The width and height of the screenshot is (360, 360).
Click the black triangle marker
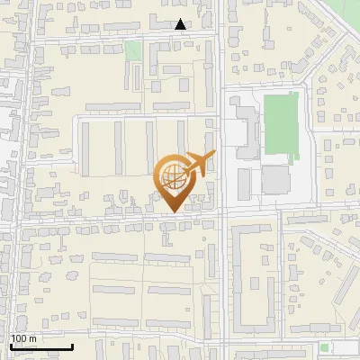pos(181,24)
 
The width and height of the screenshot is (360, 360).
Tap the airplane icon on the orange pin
pos(198,164)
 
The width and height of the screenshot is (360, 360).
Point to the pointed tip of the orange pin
pos(173,212)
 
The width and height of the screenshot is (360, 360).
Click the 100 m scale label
pos(23,338)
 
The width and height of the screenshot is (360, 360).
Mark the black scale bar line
pos(41,346)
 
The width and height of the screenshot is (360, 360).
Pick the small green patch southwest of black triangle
pos(133,51)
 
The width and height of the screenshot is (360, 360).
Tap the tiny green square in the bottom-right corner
pos(324,347)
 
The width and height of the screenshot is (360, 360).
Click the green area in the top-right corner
pos(346,13)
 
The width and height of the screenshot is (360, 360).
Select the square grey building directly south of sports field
pos(276,179)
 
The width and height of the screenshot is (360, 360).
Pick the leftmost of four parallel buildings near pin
pos(86,148)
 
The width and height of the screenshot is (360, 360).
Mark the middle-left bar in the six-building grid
pos(113,291)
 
